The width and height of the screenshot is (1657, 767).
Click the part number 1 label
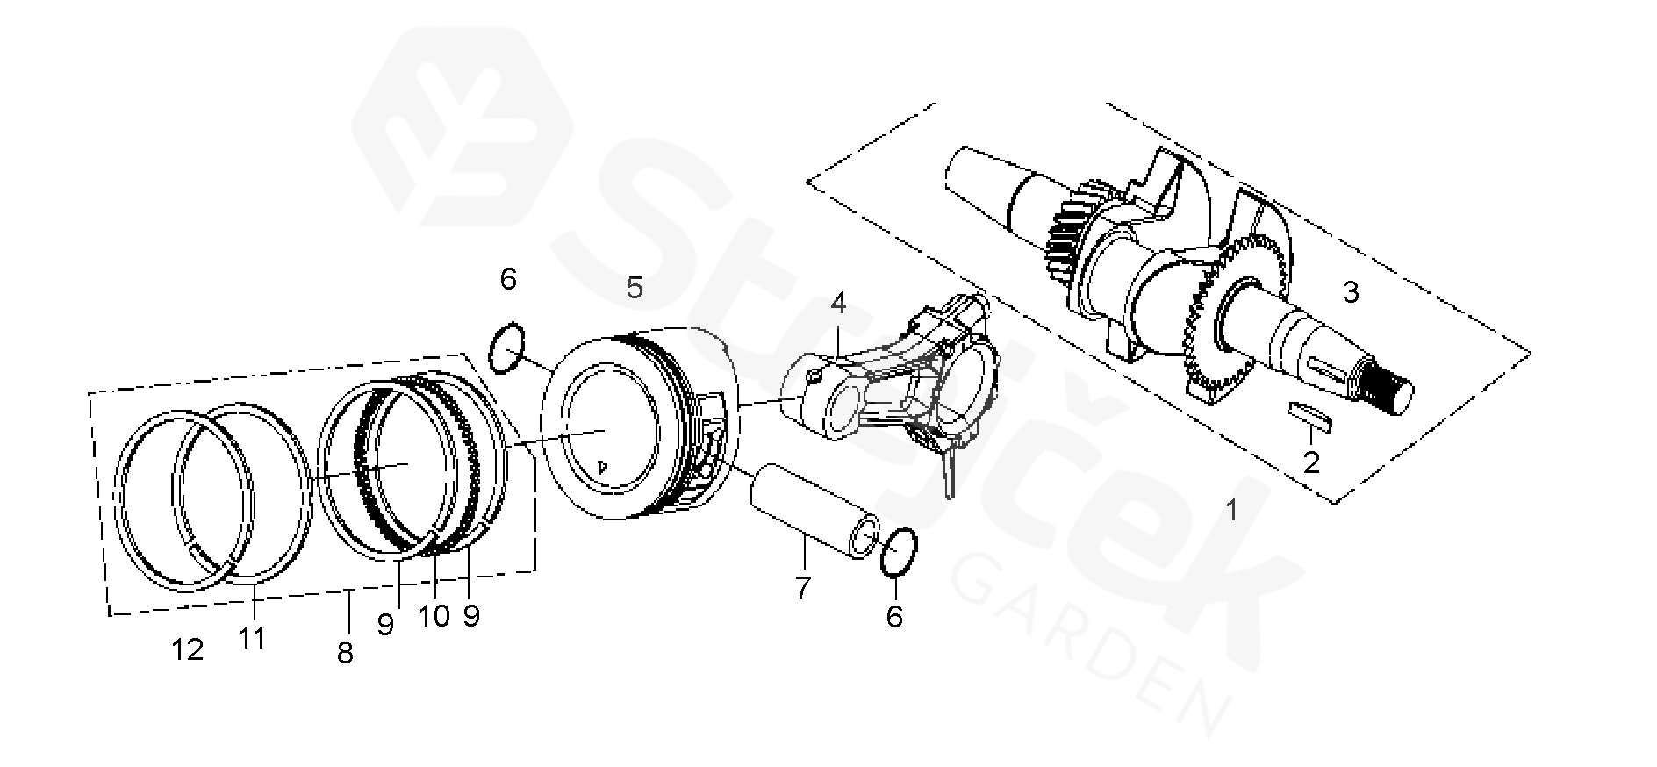pyautogui.click(x=1232, y=510)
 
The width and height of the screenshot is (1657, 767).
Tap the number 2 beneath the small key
pyautogui.click(x=1311, y=462)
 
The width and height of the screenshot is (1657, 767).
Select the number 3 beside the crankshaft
pyautogui.click(x=1351, y=292)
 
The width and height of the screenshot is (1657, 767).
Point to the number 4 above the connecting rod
pyautogui.click(x=838, y=304)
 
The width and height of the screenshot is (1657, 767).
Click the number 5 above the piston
pyautogui.click(x=634, y=287)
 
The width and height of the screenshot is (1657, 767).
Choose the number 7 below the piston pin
pyautogui.click(x=803, y=587)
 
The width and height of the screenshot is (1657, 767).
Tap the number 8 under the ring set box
pyautogui.click(x=345, y=652)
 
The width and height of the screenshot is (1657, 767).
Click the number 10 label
pyautogui.click(x=434, y=616)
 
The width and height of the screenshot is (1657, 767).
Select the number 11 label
pyautogui.click(x=252, y=637)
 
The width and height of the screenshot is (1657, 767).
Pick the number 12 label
pyautogui.click(x=188, y=649)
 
